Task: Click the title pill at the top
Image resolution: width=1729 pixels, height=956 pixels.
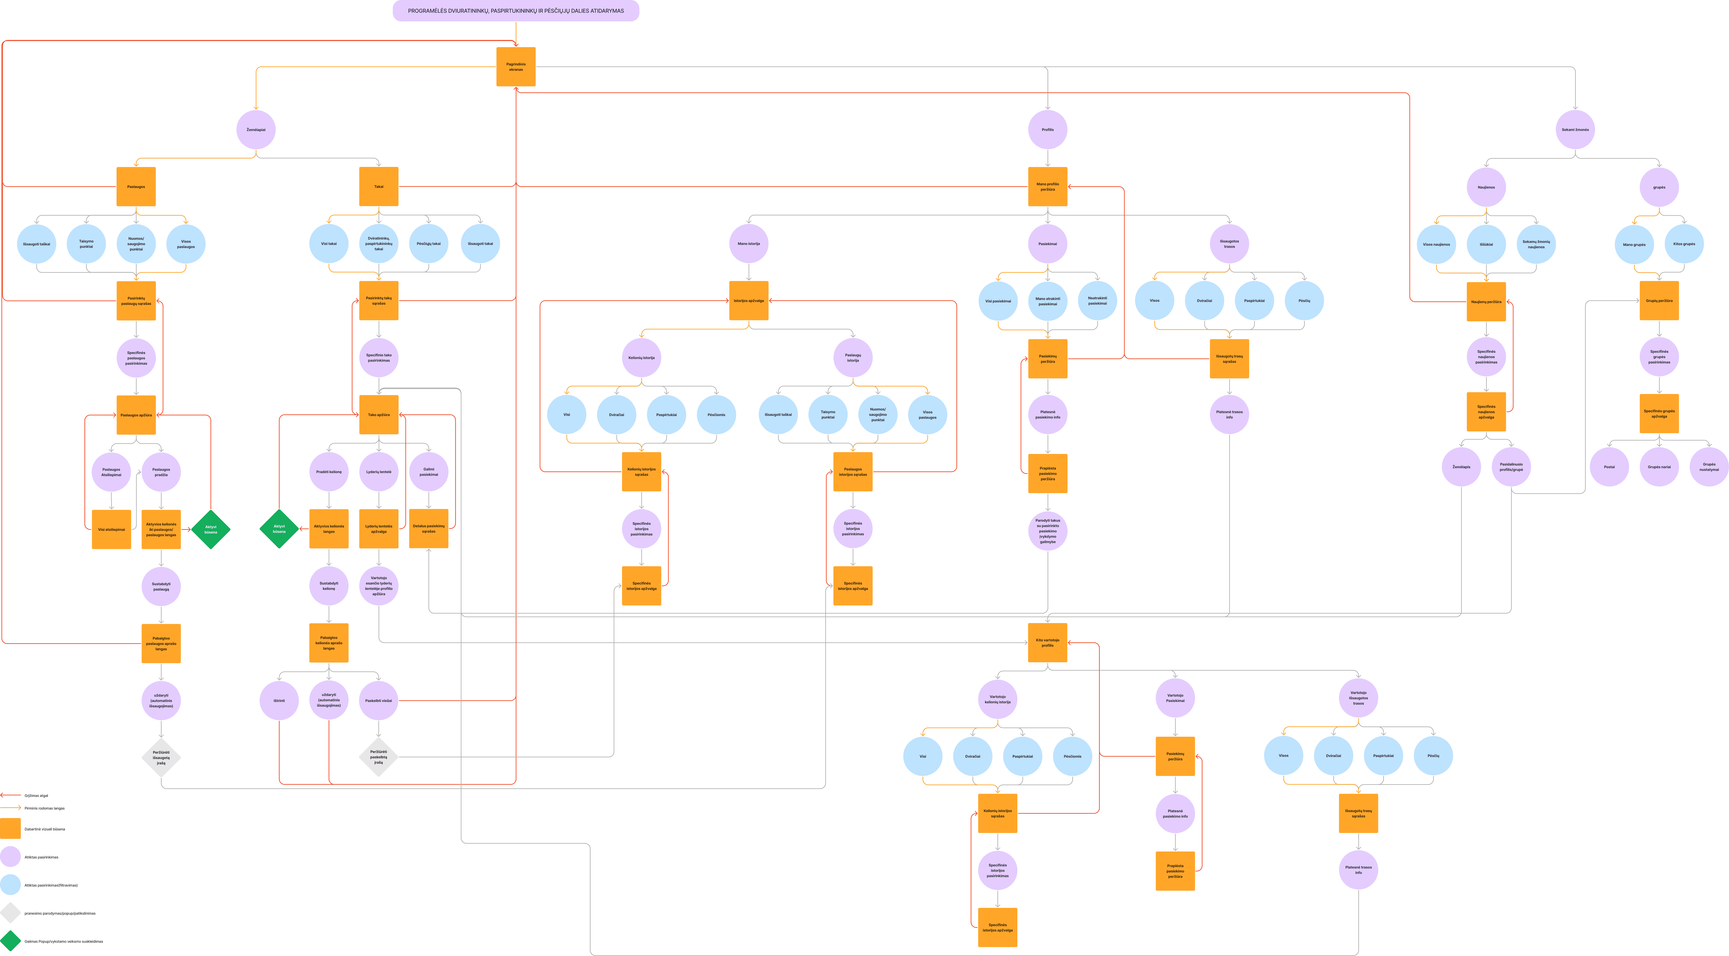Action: (x=515, y=11)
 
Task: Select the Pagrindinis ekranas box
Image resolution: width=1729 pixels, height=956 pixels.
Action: (x=515, y=66)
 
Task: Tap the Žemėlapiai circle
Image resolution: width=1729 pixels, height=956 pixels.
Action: (x=256, y=129)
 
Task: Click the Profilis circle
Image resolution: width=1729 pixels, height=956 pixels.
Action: (x=1047, y=129)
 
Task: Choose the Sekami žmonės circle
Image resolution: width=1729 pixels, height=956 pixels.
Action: (x=1575, y=129)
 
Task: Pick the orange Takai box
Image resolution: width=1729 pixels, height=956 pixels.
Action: (x=379, y=187)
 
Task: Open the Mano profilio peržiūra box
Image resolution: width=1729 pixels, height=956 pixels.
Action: (x=1047, y=187)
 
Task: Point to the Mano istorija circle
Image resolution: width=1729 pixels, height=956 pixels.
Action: (x=748, y=244)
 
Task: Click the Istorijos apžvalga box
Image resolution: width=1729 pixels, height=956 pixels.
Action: (x=748, y=301)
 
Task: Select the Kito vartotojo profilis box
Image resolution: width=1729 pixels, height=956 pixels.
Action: (x=1047, y=642)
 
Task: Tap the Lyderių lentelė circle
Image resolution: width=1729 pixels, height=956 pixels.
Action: (x=379, y=472)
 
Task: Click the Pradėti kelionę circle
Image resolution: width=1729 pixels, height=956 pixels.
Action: (x=329, y=472)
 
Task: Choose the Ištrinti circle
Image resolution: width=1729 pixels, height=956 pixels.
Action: (x=279, y=700)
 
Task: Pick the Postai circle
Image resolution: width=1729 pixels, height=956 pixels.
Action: (x=1609, y=467)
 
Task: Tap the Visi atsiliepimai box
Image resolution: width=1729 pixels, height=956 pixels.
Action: (x=111, y=529)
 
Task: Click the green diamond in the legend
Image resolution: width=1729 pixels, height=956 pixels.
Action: (x=10, y=941)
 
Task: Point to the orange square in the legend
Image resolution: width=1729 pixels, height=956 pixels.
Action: (x=10, y=829)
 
